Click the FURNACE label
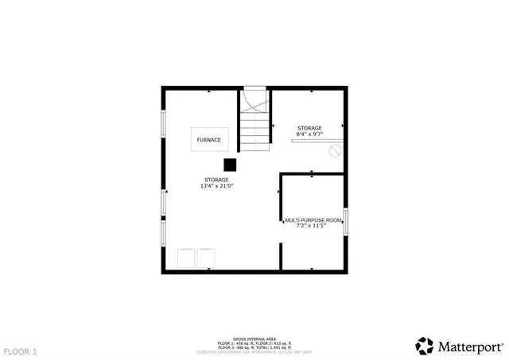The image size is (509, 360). (209, 140)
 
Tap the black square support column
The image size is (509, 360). (230, 165)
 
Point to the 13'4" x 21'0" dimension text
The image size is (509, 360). (216, 186)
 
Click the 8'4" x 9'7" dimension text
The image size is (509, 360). (309, 134)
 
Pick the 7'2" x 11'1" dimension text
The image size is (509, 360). (311, 226)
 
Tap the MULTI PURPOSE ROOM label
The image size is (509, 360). (313, 219)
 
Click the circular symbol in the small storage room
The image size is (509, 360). (336, 149)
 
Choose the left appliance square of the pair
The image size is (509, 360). (186, 258)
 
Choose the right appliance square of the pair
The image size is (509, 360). (206, 258)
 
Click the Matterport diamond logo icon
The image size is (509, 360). (425, 346)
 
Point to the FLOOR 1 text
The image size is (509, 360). (20, 350)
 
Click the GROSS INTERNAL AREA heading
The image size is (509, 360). (254, 338)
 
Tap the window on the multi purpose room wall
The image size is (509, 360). (346, 220)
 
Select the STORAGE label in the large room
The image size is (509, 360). (216, 180)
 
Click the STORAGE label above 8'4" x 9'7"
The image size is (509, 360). (309, 128)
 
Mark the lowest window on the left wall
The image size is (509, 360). (163, 233)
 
